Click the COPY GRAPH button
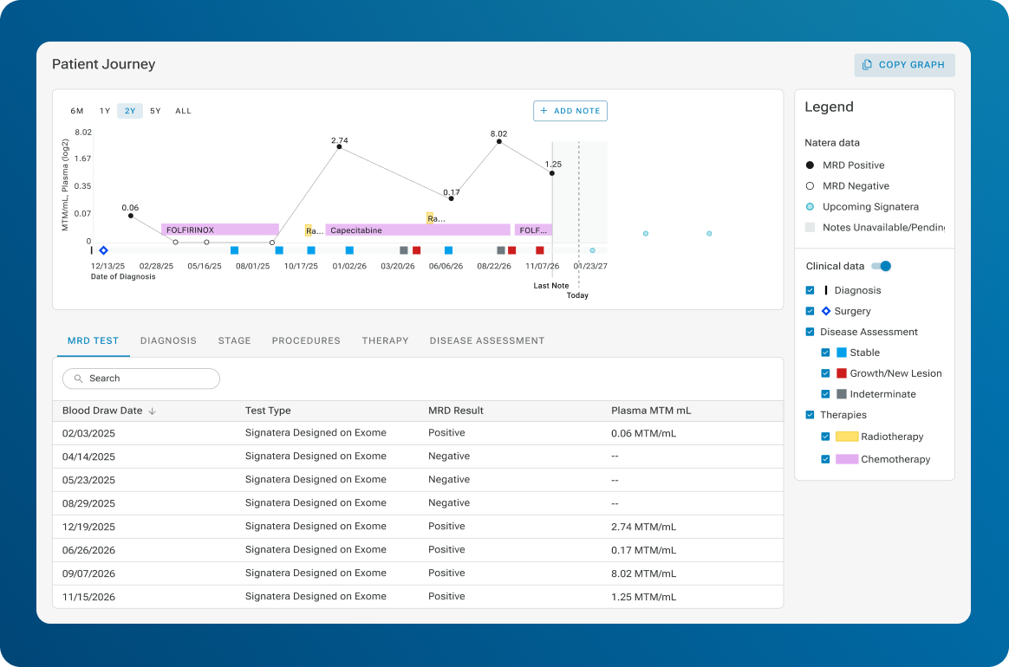(904, 65)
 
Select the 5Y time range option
(155, 111)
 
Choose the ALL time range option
(184, 111)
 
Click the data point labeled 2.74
(339, 147)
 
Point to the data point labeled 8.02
(498, 141)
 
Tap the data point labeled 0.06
(131, 216)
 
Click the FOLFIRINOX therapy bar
(220, 230)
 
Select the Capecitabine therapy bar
(418, 230)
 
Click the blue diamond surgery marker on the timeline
(104, 250)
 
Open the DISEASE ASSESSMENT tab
(487, 341)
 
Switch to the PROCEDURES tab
(306, 341)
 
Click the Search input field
(141, 379)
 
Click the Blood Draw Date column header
(102, 411)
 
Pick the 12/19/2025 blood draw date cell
(88, 527)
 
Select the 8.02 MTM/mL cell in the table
(643, 573)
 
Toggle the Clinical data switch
(881, 266)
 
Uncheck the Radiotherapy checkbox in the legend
(825, 437)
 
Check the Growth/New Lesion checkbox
(825, 373)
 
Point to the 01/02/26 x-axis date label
(349, 266)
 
